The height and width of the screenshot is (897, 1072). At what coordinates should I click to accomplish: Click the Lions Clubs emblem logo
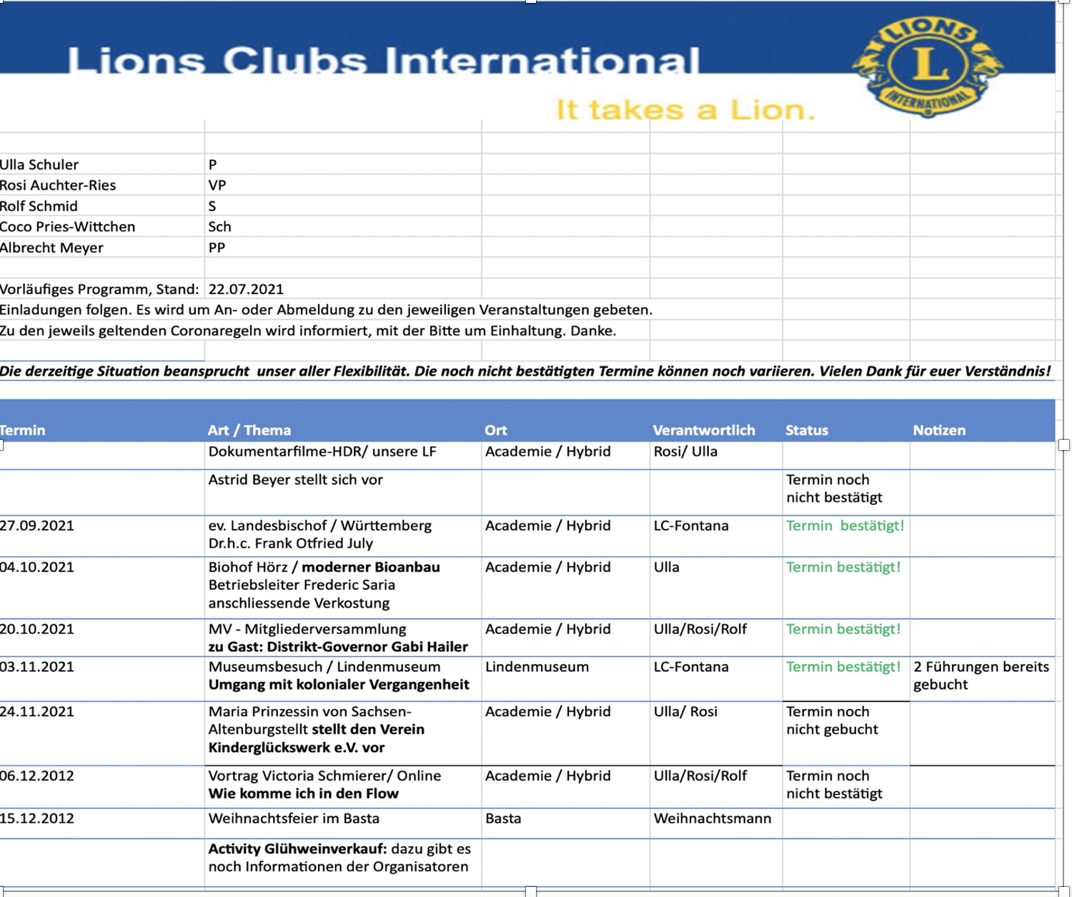click(x=927, y=66)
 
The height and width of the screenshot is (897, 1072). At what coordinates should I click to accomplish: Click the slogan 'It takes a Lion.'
click(x=685, y=110)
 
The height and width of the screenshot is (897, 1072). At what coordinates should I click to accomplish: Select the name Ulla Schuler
click(x=39, y=164)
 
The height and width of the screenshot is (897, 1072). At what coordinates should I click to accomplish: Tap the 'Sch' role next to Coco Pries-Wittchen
click(x=219, y=226)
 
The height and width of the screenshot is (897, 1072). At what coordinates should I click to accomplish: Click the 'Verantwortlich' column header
click(x=703, y=430)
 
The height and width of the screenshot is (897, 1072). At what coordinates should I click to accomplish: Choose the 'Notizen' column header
click(x=938, y=430)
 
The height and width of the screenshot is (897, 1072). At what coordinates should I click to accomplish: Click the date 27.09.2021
click(x=37, y=526)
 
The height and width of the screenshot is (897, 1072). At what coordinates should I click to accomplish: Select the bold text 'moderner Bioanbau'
click(x=371, y=567)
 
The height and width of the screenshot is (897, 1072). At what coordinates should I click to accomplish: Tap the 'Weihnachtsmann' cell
click(x=712, y=818)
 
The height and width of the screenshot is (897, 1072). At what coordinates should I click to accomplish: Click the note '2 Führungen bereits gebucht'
click(x=981, y=676)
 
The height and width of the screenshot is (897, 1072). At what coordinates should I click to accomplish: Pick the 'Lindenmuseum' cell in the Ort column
click(x=537, y=667)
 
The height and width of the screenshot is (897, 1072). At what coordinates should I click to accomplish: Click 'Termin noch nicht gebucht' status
click(x=832, y=721)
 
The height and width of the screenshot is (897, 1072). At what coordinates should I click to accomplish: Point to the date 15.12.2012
click(x=37, y=818)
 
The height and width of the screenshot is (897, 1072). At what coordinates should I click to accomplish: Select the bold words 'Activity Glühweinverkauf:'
click(x=297, y=849)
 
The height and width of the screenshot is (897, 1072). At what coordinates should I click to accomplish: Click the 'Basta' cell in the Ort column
click(x=503, y=818)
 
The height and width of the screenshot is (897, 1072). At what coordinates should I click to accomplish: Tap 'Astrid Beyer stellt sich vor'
click(x=295, y=480)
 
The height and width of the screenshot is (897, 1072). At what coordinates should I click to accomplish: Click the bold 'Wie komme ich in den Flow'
click(x=303, y=793)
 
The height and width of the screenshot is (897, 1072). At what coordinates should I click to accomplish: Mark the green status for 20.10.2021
click(x=843, y=629)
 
